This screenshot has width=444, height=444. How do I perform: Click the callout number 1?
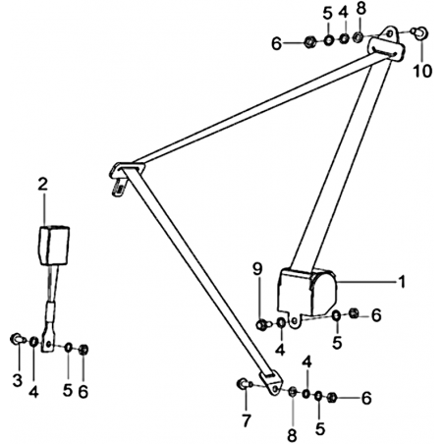pos(402,282)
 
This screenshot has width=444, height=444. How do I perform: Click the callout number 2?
pos(42,185)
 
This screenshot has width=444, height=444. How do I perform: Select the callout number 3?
pos(18,380)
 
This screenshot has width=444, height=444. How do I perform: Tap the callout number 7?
pos(247,420)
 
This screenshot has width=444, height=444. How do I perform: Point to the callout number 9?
pos(257,270)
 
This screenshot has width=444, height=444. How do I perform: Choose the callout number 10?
pos(422,71)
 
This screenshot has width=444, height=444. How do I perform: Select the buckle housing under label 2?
pos(54,245)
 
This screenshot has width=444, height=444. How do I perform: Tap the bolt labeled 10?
pos(420,32)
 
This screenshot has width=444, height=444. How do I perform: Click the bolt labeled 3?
pos(18,339)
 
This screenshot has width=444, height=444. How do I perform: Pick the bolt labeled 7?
pos(244,383)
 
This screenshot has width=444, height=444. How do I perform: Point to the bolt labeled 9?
pos(263,325)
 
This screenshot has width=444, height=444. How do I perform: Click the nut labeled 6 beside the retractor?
pos(354,313)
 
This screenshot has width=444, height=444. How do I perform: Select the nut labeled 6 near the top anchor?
pos(309,42)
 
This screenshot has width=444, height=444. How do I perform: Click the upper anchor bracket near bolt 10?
pos(387,43)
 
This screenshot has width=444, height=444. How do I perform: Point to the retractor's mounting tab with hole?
pos(295,320)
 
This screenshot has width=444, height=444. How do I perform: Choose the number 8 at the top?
pos(361,9)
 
